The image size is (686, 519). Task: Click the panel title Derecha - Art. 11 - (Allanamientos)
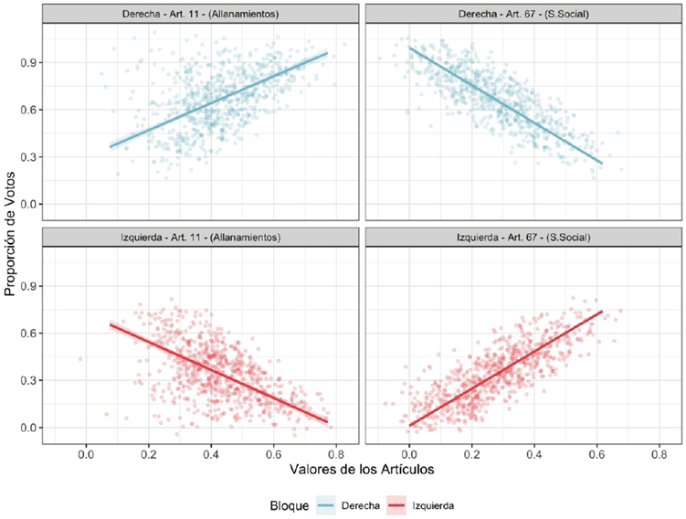tap(201, 14)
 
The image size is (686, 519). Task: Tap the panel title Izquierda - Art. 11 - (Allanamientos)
tap(201, 238)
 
